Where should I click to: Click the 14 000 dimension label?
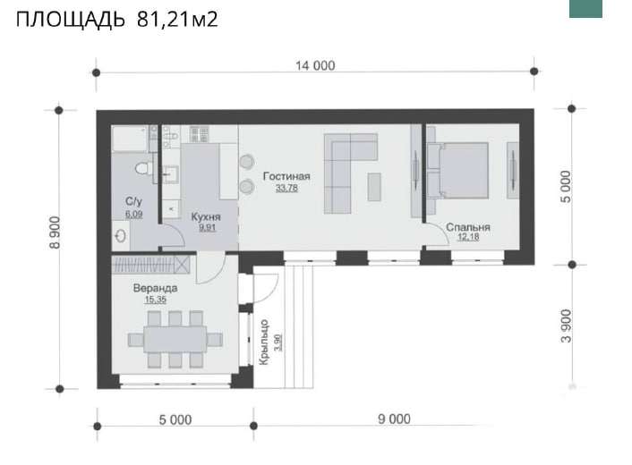(315, 65)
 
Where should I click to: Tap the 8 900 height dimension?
(55, 232)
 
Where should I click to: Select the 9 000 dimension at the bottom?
(394, 419)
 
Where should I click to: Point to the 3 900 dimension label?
(566, 326)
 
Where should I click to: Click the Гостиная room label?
(286, 176)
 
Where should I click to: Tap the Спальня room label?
(468, 227)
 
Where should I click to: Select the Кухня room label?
(206, 217)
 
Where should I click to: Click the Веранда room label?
(155, 288)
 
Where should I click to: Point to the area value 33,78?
(286, 188)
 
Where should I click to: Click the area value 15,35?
(155, 300)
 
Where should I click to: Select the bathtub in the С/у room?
(130, 139)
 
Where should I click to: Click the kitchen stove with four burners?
(199, 134)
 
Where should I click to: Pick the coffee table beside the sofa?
(374, 187)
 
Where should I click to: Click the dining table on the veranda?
(175, 339)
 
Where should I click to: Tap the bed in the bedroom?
(457, 170)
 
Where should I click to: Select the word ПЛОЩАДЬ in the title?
(71, 19)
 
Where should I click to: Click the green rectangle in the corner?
(585, 8)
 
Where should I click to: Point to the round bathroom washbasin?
(122, 235)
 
